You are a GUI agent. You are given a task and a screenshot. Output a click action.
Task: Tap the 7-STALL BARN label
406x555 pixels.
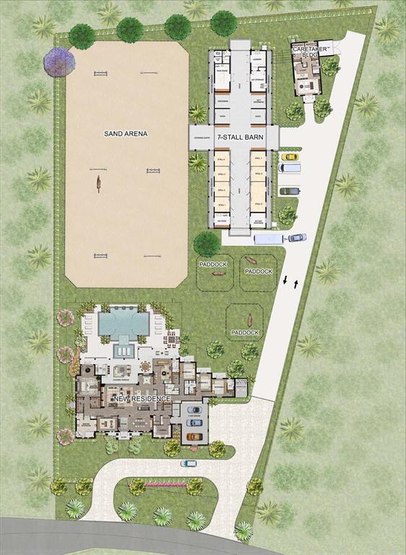[x=235, y=137]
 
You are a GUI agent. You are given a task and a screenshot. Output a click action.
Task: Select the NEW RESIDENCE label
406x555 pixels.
[x=140, y=398]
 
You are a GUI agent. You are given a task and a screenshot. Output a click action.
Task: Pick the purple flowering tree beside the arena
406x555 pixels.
[x=59, y=62]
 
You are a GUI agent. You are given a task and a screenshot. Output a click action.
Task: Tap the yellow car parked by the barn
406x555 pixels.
[x=290, y=156]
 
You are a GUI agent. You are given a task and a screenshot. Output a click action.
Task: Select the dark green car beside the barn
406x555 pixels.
[x=290, y=191]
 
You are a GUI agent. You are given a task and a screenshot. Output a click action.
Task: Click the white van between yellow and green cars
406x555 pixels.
[x=290, y=168]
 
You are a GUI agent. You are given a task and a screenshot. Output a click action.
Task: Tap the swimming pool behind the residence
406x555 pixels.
[x=124, y=322]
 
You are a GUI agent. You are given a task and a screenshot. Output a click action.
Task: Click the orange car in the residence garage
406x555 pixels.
[x=194, y=436]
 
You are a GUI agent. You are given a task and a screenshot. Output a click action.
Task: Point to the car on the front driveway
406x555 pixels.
[x=189, y=463]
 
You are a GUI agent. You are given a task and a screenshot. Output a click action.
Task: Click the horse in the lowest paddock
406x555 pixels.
[x=250, y=319]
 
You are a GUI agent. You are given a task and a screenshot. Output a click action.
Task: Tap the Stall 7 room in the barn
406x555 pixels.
[x=259, y=160]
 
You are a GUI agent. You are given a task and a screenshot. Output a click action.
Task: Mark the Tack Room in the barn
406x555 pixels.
[x=220, y=71]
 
